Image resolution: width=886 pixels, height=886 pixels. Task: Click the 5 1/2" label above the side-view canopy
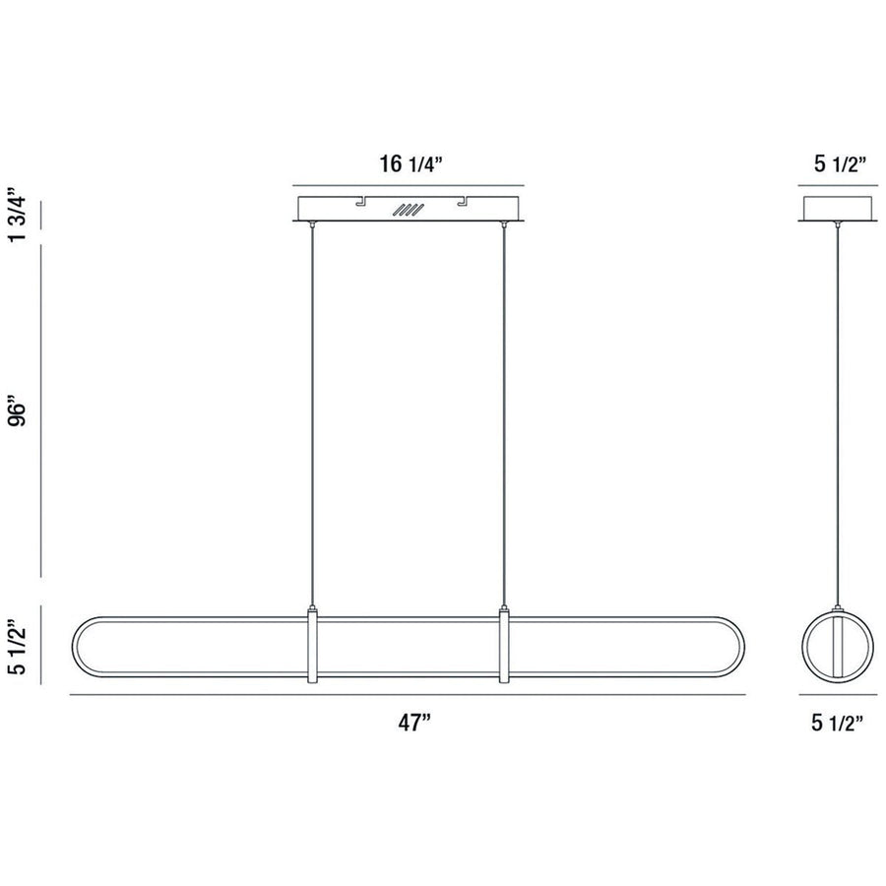point(838,164)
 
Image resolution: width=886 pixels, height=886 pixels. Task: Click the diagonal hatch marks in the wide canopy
point(407,210)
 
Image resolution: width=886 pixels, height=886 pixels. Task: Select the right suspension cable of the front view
point(505,413)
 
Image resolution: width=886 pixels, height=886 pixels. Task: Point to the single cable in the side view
point(838,413)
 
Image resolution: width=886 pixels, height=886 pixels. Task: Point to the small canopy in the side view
point(838,210)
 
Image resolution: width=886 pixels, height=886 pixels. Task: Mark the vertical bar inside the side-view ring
point(838,646)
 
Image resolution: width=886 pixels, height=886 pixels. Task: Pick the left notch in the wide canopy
point(360,203)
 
